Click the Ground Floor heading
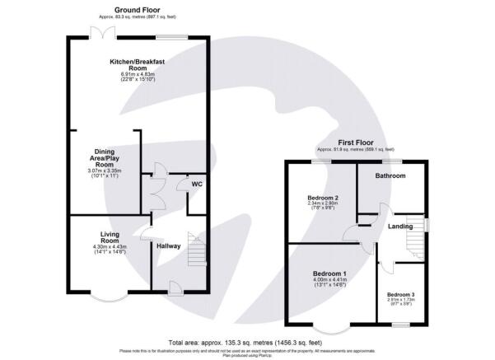(x=138, y=9)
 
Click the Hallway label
(x=168, y=245)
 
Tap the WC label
(x=196, y=184)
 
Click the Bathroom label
(x=390, y=175)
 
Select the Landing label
(x=400, y=227)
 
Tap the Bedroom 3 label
(x=401, y=294)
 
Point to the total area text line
(x=247, y=342)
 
